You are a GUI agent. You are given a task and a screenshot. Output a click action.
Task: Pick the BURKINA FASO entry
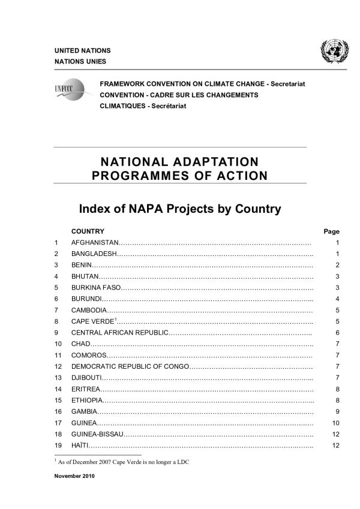point(97,287)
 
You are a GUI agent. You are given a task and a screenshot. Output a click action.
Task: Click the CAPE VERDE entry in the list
point(93,321)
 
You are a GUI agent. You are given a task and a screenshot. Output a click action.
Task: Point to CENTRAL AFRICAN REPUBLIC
point(120,332)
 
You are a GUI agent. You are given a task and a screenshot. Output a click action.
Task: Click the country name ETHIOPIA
point(88,400)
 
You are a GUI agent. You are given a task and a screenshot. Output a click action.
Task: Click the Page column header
point(331,231)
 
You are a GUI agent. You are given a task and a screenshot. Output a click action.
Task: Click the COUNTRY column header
point(88,231)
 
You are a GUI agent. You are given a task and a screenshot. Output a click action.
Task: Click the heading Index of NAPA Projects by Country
point(180,209)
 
